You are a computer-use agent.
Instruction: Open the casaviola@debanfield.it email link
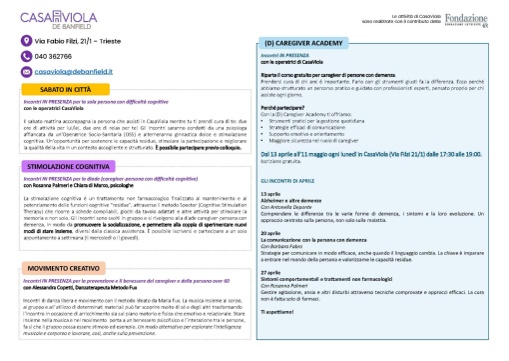coord(81,73)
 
